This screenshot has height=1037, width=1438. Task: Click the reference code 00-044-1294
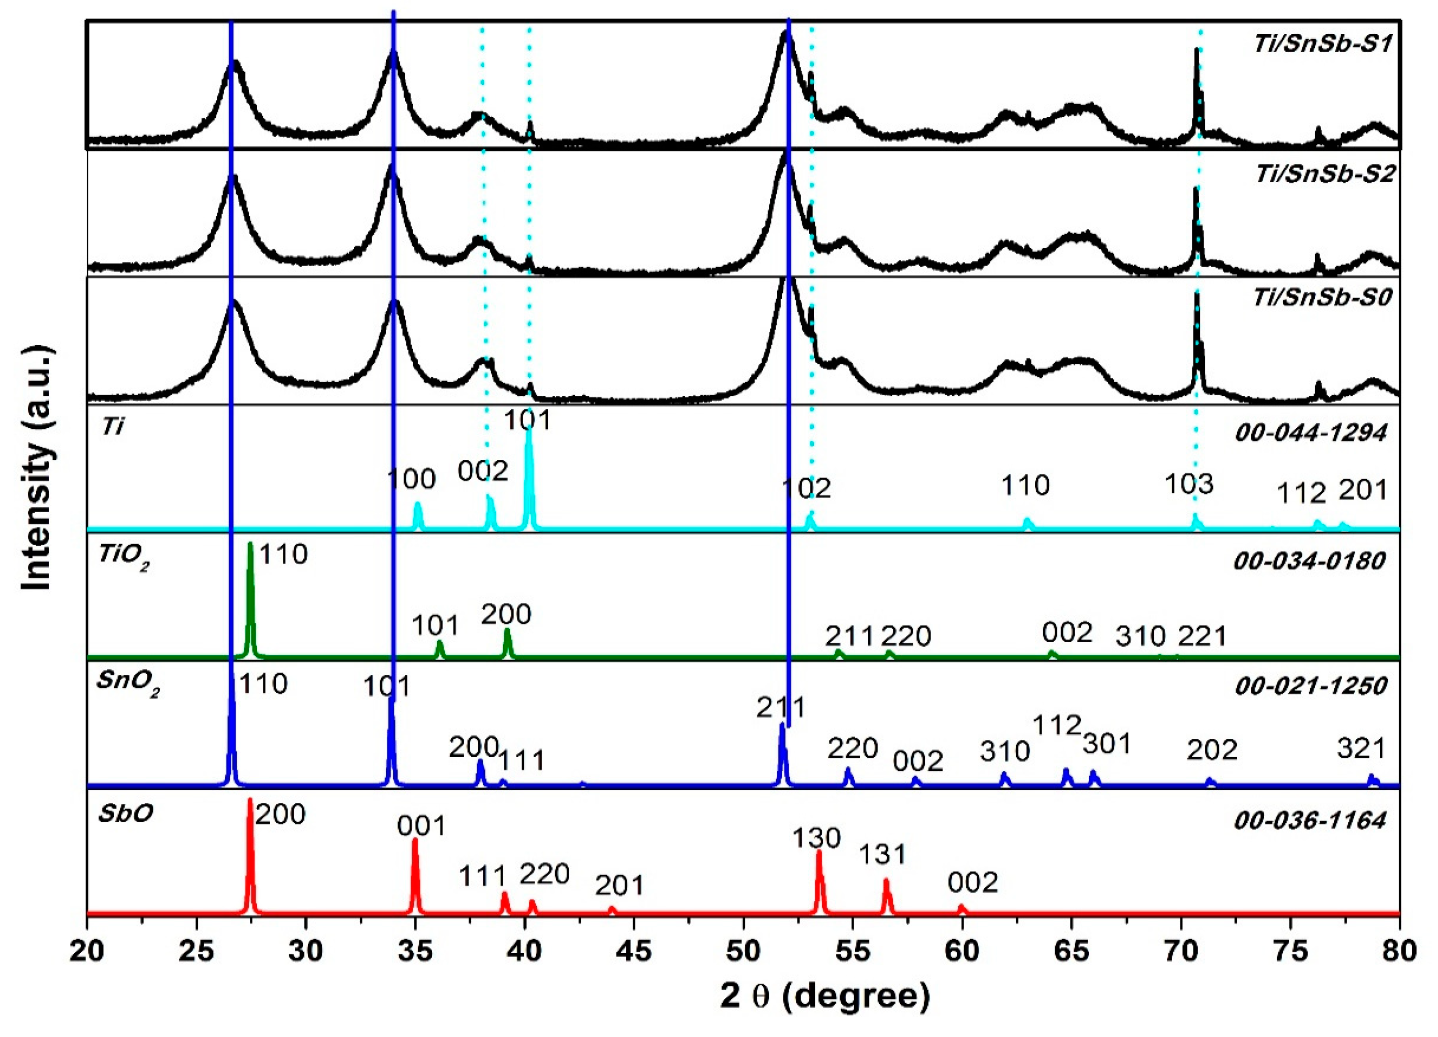coord(1310,433)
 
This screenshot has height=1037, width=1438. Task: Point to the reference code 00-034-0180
coord(1309,561)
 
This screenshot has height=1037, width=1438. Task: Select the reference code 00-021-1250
coord(1310,686)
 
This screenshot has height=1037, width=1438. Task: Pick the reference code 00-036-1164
coord(1310,821)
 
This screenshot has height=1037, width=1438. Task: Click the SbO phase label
coord(125,814)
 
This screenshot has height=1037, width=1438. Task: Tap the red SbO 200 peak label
coord(280,814)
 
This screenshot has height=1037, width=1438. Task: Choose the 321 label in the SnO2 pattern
coord(1360,749)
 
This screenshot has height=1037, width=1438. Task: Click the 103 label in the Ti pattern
coord(1189,484)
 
